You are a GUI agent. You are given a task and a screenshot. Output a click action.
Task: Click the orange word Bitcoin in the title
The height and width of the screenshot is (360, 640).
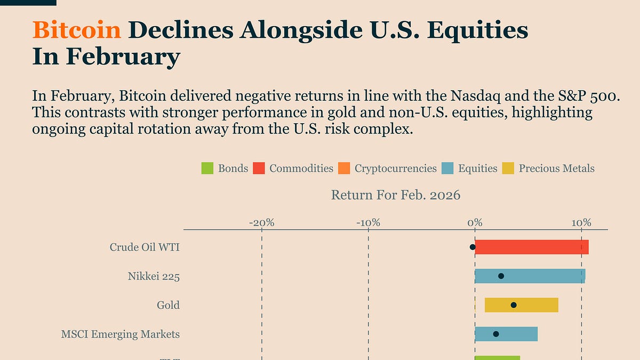point(77,30)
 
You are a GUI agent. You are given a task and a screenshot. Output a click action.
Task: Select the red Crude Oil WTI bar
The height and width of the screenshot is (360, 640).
point(532,247)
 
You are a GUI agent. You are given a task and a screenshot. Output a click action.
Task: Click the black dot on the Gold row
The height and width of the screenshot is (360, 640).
point(514,305)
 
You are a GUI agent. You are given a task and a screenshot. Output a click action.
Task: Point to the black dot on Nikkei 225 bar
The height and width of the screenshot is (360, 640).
point(501,276)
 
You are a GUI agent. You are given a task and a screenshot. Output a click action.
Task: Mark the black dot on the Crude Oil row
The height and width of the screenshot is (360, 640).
point(473,247)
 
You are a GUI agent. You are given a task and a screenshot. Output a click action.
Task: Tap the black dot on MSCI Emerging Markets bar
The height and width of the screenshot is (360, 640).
point(496,334)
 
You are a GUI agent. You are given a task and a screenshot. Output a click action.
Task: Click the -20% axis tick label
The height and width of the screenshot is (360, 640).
point(262,222)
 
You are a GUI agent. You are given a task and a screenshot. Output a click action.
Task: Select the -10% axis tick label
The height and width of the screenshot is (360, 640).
point(369,222)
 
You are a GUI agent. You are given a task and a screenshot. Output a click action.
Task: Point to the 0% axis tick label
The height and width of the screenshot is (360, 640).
point(475,222)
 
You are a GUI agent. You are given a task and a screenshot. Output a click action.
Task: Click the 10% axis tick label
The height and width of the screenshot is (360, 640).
point(581,222)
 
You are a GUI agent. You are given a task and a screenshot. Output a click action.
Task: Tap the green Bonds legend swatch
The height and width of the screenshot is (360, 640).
point(207,169)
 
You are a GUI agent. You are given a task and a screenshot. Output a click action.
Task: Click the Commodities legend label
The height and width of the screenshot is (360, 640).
point(301,169)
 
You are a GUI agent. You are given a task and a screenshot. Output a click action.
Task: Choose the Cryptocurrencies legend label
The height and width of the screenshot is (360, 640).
point(395,169)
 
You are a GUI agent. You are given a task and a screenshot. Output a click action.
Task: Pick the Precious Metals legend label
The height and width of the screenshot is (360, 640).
point(556,169)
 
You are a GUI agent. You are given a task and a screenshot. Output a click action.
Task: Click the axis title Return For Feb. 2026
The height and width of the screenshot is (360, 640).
point(395,195)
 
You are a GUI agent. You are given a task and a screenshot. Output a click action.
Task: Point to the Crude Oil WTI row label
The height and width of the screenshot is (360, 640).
point(145,247)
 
